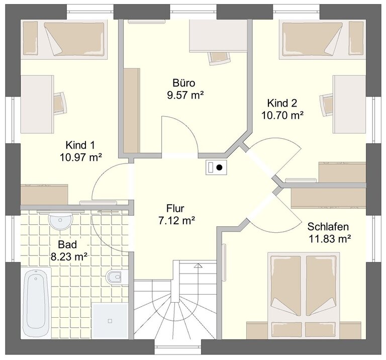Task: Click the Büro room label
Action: pos(184,83)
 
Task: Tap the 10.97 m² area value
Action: pos(81,157)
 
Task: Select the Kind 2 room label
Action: pos(282,103)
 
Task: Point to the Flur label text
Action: pos(175,209)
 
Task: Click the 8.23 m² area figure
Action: pos(69,257)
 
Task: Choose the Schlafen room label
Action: pos(328,227)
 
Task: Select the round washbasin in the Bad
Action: pos(60,220)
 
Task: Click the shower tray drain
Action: pos(110,321)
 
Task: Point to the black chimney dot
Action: pos(219,168)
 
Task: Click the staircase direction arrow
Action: pos(198,265)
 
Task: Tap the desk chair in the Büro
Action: pos(220,58)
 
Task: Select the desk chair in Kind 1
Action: pos(60,104)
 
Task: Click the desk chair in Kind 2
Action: pos(326,105)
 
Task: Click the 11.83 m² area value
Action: pos(330,239)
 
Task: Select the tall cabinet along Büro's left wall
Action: pos(132,111)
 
